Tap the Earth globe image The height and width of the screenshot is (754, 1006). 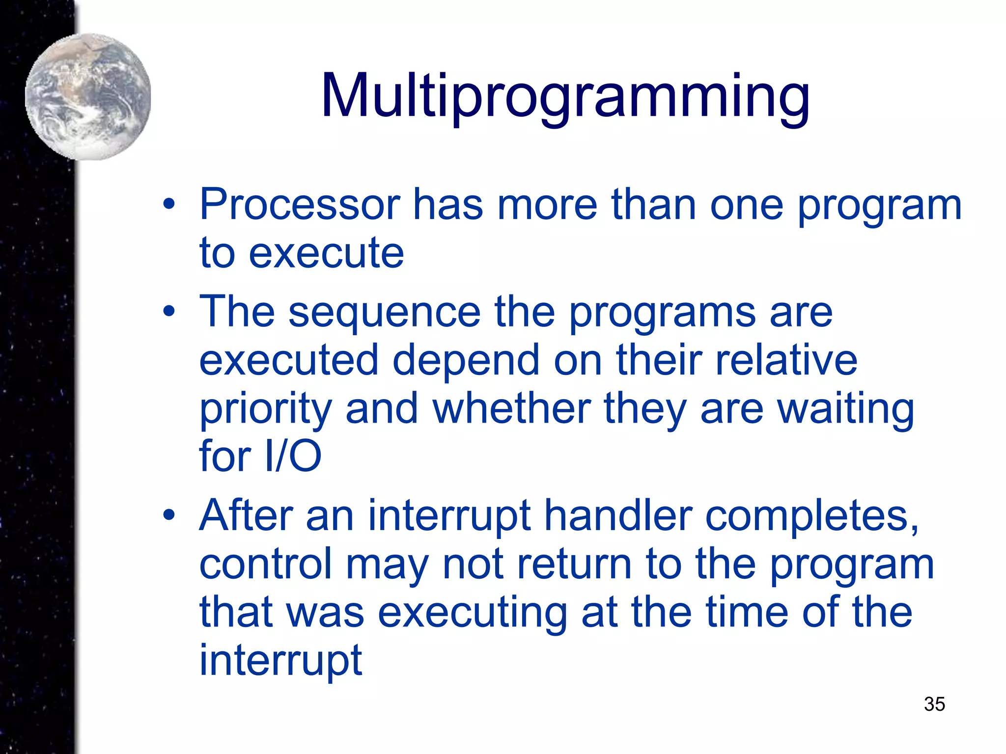point(88,97)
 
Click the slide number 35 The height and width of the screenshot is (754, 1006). point(934,704)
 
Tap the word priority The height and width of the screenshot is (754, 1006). point(266,410)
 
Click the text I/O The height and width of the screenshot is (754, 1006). point(293,456)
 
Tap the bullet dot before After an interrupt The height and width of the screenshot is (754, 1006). point(169,515)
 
